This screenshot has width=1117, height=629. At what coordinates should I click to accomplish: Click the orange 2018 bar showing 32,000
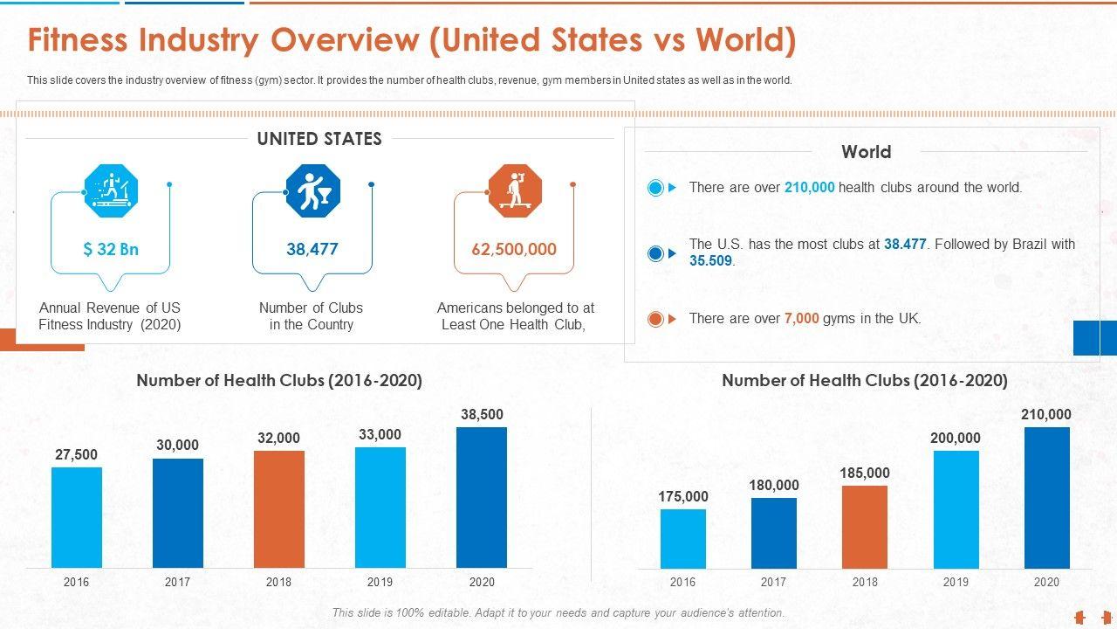tap(279, 508)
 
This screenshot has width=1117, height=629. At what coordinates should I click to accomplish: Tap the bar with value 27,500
tap(77, 517)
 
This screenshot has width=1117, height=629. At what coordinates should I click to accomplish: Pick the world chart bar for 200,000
tap(956, 508)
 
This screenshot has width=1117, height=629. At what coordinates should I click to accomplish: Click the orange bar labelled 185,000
tap(865, 527)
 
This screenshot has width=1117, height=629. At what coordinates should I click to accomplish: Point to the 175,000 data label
tap(683, 496)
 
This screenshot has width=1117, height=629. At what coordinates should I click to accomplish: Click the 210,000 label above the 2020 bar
tap(1046, 414)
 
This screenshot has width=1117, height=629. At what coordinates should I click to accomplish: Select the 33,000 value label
tap(380, 434)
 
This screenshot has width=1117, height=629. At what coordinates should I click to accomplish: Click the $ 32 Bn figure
tap(111, 249)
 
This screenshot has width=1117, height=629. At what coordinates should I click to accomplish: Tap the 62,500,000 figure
tap(514, 249)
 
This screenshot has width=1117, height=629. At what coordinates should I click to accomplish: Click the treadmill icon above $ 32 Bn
tap(111, 190)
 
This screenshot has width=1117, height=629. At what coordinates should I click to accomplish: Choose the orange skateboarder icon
tap(515, 190)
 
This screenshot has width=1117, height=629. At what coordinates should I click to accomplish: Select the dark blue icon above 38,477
tap(312, 190)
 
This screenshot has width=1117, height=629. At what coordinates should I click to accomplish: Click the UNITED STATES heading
tap(319, 139)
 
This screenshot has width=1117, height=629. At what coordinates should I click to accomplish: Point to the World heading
tap(866, 152)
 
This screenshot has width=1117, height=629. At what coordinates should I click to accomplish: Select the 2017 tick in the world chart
tap(773, 582)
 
